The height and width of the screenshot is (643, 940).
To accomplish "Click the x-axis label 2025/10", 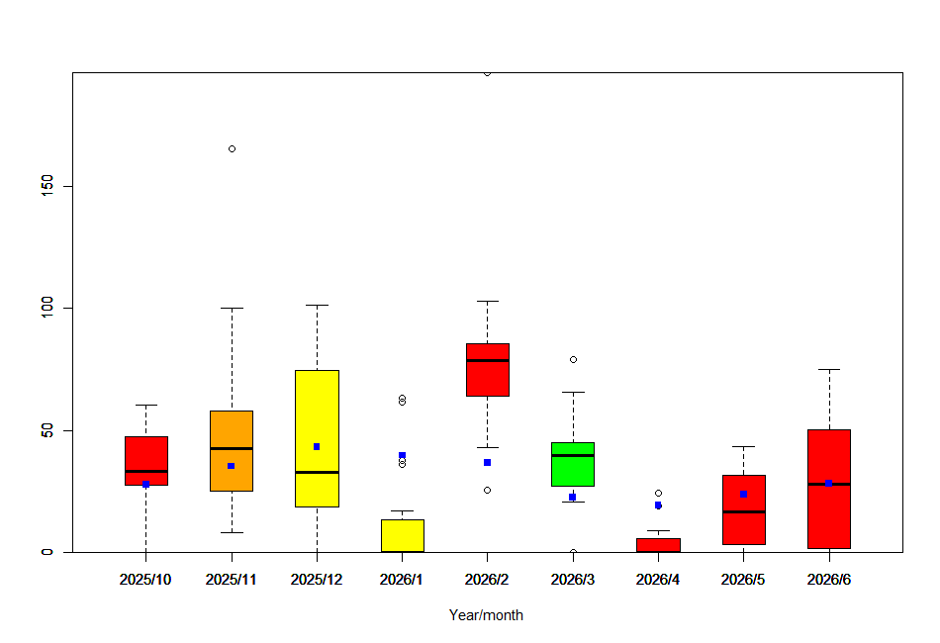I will (145, 580).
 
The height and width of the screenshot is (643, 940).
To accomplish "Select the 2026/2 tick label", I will (487, 580).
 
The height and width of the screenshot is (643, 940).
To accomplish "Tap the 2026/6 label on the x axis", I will (828, 580).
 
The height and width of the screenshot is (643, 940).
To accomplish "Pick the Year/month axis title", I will (486, 615).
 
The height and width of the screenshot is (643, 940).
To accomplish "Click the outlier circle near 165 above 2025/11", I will (232, 148).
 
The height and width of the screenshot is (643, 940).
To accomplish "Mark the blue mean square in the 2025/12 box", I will (317, 446).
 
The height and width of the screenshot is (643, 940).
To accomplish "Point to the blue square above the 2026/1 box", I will (402, 455).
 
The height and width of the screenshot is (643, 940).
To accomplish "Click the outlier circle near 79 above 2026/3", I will (573, 359).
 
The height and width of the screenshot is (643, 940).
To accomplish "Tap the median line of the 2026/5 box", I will (743, 511).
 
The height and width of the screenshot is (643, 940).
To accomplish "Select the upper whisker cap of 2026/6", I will (828, 369).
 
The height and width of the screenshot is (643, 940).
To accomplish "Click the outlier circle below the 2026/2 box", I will (487, 490).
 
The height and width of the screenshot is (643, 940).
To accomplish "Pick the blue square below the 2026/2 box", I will (487, 462).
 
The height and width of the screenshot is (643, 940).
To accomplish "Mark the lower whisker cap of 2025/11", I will (232, 532).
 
